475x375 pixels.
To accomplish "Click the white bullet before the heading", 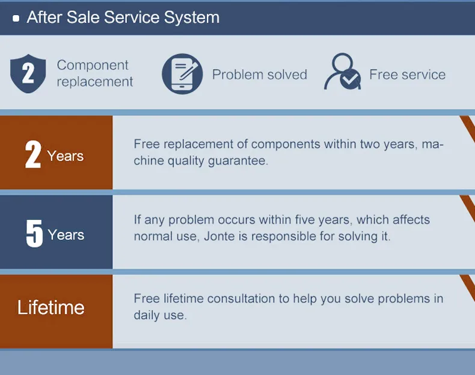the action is click(x=16, y=19).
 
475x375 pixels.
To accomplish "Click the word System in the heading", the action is click(x=192, y=17).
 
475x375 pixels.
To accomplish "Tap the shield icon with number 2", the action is click(x=28, y=73).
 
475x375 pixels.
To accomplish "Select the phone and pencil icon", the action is click(x=182, y=73).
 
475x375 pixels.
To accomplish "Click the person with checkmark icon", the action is click(x=343, y=72).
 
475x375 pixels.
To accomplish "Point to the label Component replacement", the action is click(x=95, y=73).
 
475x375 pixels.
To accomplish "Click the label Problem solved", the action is click(x=260, y=75).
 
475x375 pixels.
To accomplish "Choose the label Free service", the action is click(x=408, y=75).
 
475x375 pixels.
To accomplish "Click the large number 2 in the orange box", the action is click(x=32, y=154).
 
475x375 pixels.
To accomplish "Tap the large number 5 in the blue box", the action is click(x=34, y=233).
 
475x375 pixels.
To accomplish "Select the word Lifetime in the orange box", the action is click(x=51, y=308).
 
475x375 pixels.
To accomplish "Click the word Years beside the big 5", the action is click(x=66, y=235).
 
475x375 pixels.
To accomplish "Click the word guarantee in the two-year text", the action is click(x=238, y=161).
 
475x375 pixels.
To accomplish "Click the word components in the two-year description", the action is click(x=286, y=144).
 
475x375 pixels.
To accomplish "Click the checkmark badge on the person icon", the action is click(x=350, y=79).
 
